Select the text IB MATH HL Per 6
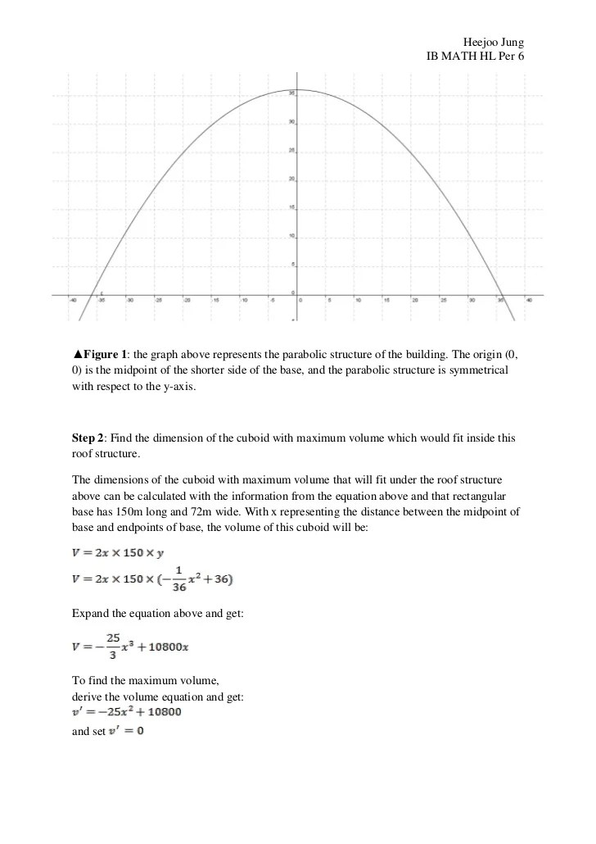coord(475,56)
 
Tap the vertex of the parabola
coord(296,89)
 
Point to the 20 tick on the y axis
coord(291,179)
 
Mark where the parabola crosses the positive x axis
coord(502,294)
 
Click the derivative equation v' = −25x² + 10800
coord(127,711)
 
